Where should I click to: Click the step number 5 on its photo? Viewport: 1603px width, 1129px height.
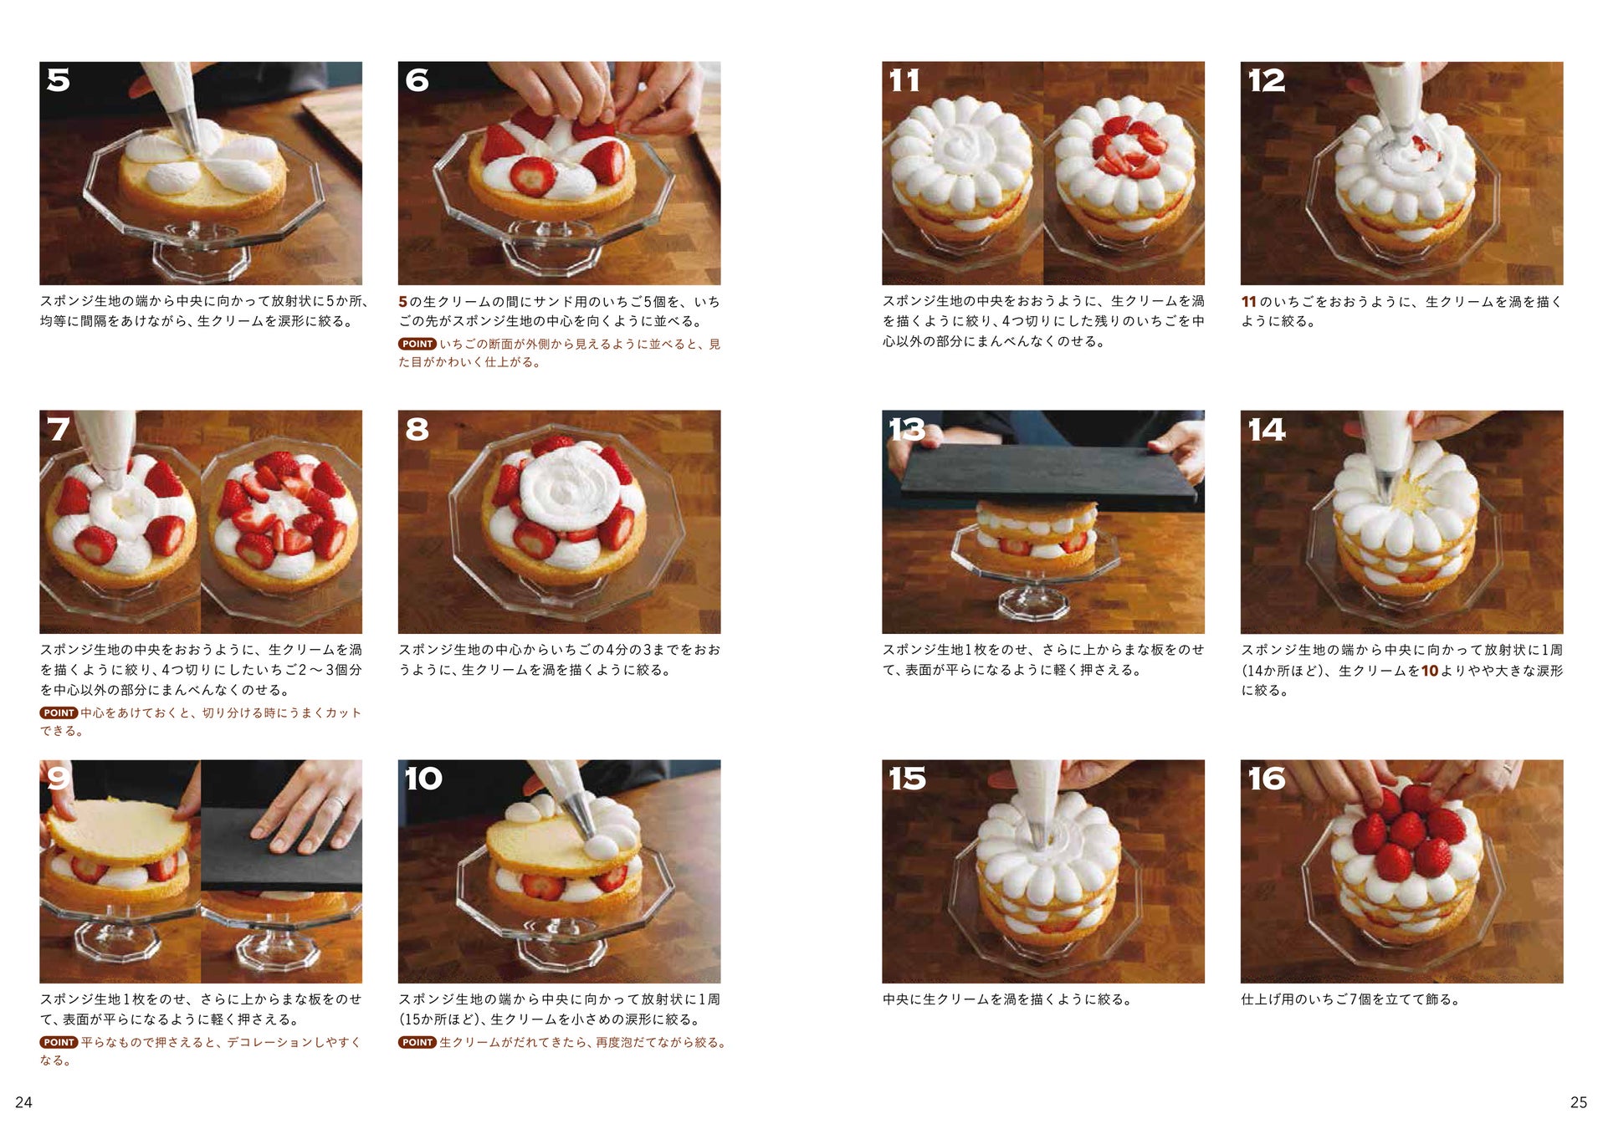coord(59,80)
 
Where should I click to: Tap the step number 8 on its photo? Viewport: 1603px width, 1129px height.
coord(417,429)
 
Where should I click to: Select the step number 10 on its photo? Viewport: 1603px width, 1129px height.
coord(423,779)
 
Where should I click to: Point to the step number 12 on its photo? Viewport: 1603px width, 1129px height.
coord(1266,80)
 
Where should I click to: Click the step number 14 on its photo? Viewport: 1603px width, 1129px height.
coord(1267,429)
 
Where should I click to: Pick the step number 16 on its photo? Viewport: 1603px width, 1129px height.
coord(1267,779)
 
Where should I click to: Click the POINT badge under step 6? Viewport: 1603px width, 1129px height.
coord(417,344)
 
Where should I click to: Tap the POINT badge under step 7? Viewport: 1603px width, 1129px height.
coord(59,713)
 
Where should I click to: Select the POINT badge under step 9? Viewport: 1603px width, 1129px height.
coord(59,1042)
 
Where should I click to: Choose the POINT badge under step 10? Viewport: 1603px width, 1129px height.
coord(417,1042)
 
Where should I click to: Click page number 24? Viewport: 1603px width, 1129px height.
coord(23,1102)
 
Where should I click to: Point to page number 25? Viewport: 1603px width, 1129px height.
coord(1578,1102)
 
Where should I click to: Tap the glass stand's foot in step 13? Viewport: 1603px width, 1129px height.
coord(1034,600)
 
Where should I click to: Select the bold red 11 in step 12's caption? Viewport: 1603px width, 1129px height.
coord(1248,302)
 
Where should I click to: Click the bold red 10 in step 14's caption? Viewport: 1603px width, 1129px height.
coord(1430,671)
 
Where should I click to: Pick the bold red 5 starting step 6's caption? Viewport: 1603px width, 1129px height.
coord(402,302)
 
